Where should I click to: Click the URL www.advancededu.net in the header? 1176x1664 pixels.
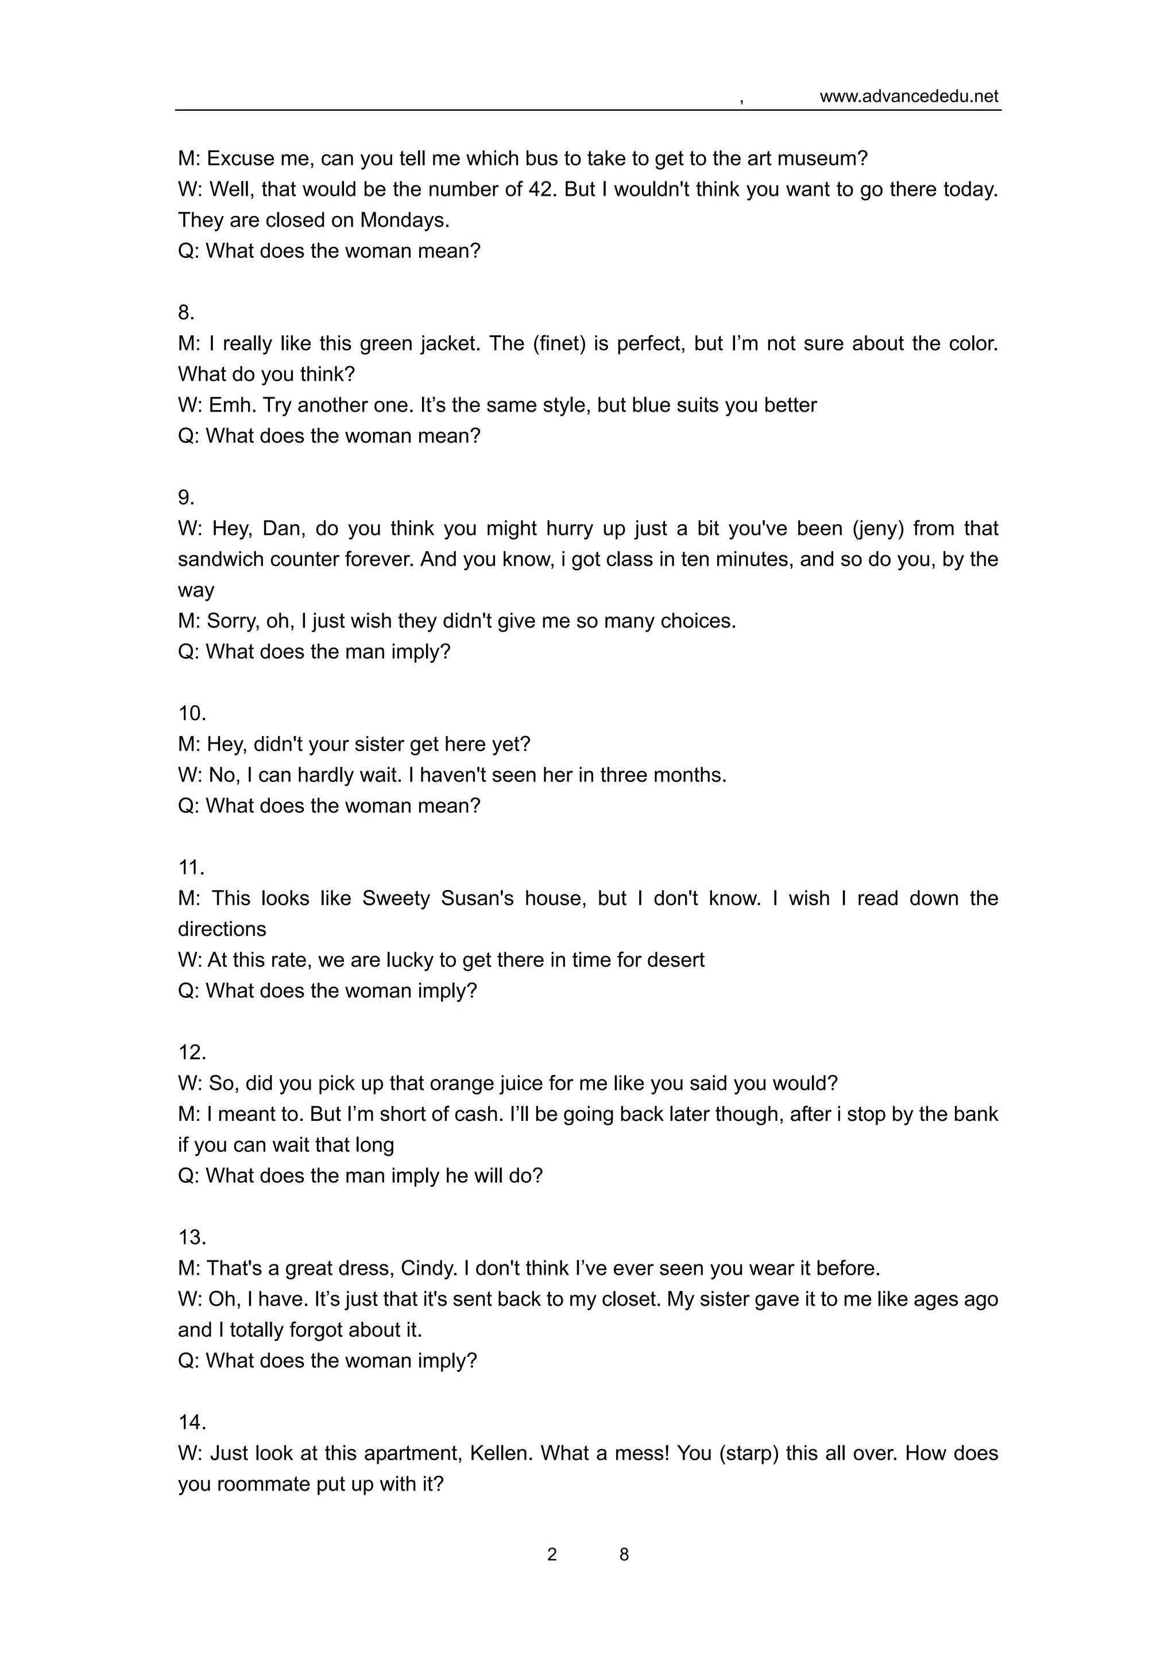click(908, 96)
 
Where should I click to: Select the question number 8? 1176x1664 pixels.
click(186, 312)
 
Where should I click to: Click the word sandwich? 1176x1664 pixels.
click(221, 559)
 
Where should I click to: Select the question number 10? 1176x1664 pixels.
click(192, 713)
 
